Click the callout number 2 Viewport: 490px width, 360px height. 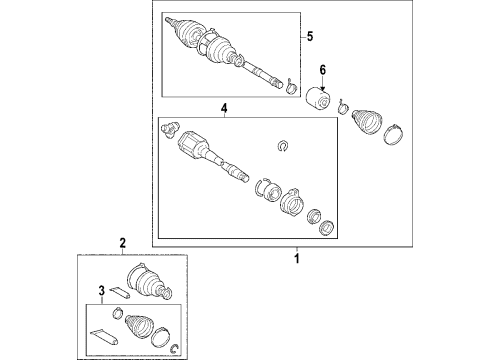click(122, 243)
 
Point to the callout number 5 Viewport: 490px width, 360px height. click(310, 38)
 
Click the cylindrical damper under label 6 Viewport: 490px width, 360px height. click(321, 101)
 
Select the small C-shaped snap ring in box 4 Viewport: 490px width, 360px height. click(283, 147)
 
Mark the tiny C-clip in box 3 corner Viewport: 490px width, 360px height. click(176, 347)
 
